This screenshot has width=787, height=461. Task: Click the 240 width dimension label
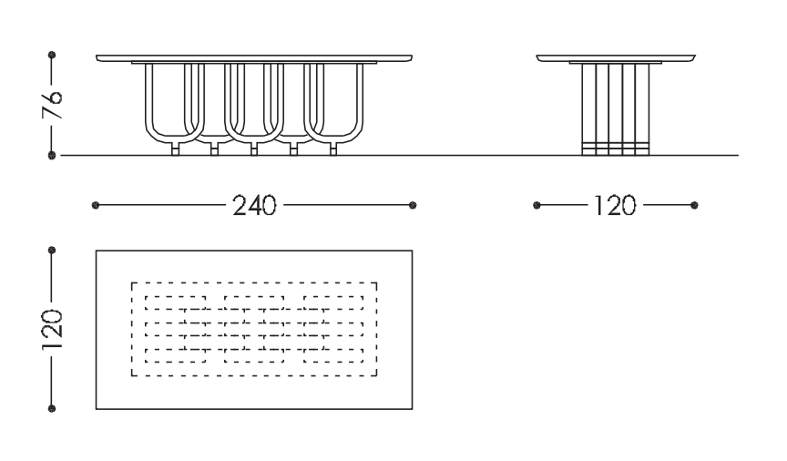click(x=254, y=206)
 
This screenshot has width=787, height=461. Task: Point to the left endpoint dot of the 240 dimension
click(x=96, y=205)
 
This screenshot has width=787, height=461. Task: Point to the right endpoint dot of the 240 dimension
click(x=414, y=205)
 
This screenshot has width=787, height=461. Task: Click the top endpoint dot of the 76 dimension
click(x=52, y=55)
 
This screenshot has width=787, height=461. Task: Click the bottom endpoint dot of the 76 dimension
click(x=52, y=156)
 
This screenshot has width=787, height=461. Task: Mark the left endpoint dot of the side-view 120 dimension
click(x=537, y=205)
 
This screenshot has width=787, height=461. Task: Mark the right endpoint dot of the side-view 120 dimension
click(x=695, y=205)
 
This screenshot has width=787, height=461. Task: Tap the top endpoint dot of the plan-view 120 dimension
click(x=52, y=249)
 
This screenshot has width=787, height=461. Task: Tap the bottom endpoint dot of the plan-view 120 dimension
click(x=52, y=408)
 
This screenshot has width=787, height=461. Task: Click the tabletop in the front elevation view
click(x=254, y=57)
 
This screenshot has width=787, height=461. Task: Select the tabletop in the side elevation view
click(x=616, y=57)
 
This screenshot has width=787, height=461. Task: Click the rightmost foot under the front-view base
click(x=332, y=149)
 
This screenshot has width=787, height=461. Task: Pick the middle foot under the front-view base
click(x=254, y=149)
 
